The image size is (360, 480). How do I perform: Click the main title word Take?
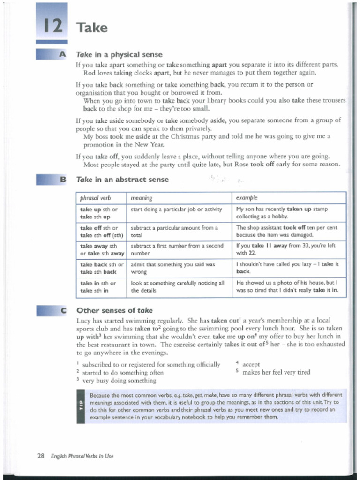pos(92,28)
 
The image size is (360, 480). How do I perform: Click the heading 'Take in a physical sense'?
pos(119,55)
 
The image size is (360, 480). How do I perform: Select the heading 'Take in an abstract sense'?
pos(122,180)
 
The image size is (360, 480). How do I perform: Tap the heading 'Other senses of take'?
pos(114,310)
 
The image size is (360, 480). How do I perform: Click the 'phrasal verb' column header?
pos(92,198)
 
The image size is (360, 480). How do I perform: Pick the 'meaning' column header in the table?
pos(141,198)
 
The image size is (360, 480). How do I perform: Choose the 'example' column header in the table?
pos(247,198)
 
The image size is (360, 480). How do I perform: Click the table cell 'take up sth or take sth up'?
pos(100,213)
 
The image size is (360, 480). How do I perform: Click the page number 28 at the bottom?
pos(41,456)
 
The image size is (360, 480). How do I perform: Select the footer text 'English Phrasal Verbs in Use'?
pos(82,456)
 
